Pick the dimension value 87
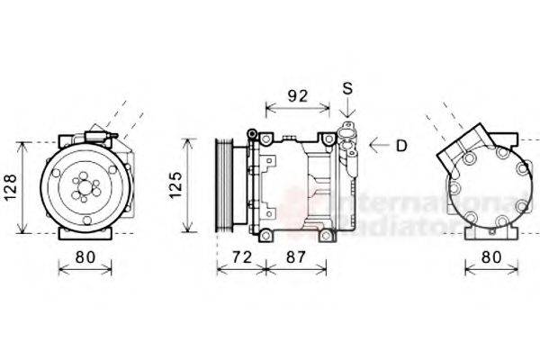pyautogui.click(x=294, y=257)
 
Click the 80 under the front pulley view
pyautogui.click(x=85, y=257)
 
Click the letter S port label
pyautogui.click(x=347, y=88)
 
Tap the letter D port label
pyautogui.click(x=402, y=144)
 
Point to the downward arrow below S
pyautogui.click(x=347, y=115)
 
